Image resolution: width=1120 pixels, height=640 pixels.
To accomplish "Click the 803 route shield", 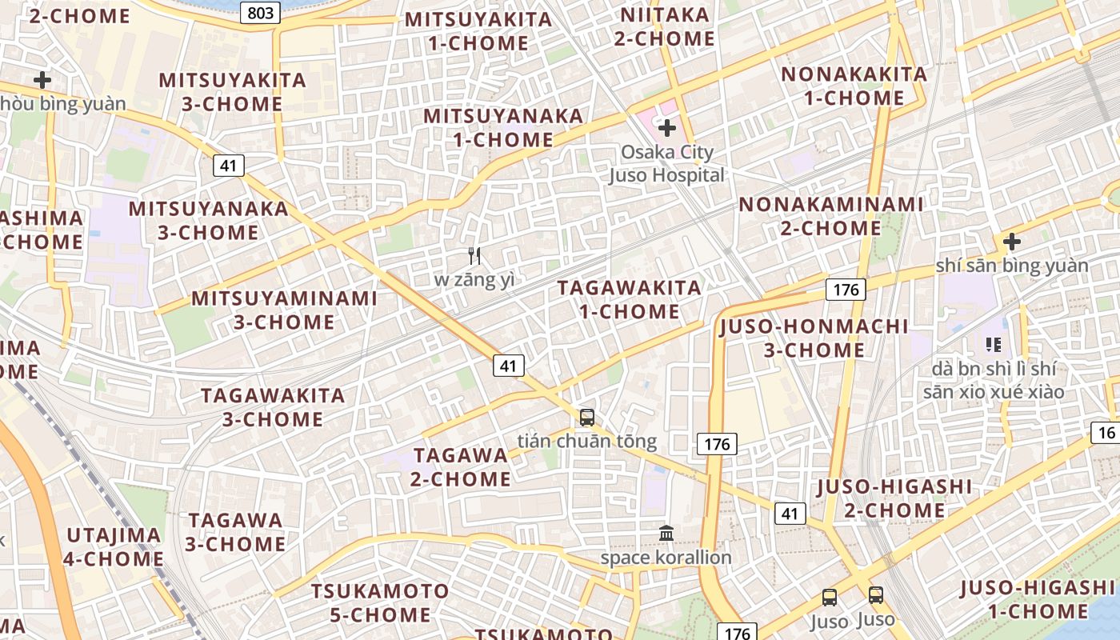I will (260, 12).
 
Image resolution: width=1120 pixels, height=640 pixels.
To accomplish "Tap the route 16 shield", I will (1106, 433).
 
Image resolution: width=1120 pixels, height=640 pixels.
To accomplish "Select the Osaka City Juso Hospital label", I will (667, 163).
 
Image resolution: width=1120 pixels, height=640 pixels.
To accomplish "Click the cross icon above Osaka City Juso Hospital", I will (666, 127).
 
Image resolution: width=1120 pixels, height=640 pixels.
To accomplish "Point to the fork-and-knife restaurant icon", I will (474, 256).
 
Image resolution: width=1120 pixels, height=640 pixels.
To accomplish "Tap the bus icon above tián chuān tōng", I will (587, 417).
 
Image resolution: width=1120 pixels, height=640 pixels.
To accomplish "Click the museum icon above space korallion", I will (666, 533).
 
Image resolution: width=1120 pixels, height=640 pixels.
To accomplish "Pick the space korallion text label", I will (666, 558).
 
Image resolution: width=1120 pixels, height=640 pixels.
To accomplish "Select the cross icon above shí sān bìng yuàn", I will (1011, 241).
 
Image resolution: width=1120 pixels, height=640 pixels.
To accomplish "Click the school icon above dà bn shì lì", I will (993, 345).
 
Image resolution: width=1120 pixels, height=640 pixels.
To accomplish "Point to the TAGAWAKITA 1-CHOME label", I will (629, 299).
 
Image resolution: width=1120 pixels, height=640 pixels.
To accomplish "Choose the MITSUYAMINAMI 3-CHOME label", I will (284, 310).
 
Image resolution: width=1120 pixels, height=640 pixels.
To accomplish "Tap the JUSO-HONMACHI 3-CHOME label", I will (814, 338).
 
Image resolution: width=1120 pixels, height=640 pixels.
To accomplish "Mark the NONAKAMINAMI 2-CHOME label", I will (830, 216).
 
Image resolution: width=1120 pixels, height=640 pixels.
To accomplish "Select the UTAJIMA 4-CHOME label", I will (114, 546).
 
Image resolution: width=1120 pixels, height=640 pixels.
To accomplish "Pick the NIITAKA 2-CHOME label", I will (665, 26).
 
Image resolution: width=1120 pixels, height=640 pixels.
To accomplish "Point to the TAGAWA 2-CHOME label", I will (461, 467).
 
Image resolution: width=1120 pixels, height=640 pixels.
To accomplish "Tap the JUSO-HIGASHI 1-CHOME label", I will (1037, 600).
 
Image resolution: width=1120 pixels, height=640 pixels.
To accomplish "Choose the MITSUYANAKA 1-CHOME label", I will (503, 127).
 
